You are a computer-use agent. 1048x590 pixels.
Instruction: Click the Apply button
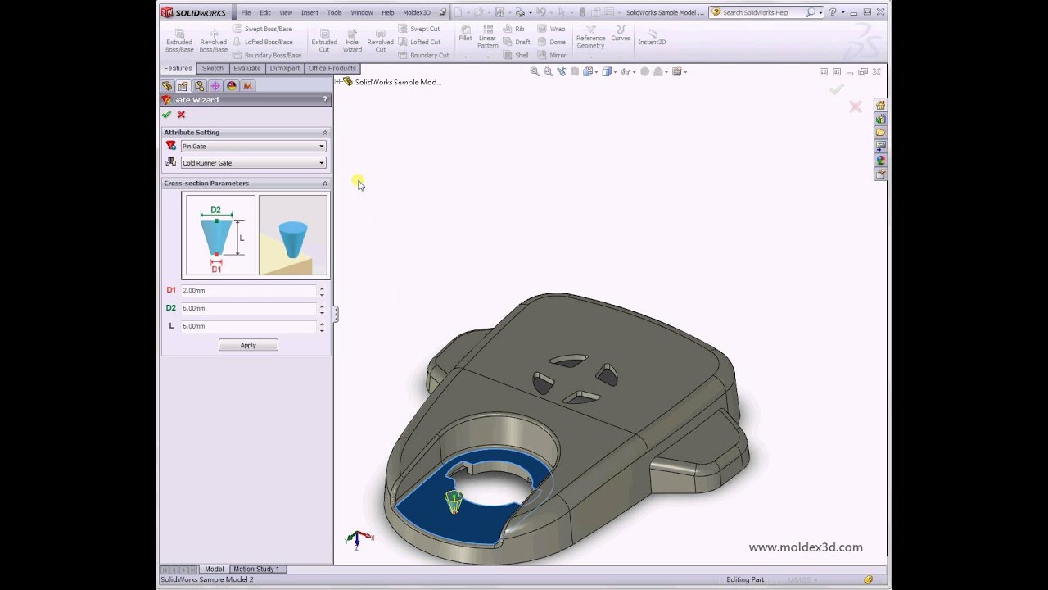coord(248,345)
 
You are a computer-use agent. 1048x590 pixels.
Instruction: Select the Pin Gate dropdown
coord(253,147)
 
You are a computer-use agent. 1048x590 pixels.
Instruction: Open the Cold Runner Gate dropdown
coord(253,163)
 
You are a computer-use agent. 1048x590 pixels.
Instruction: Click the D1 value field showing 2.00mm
coord(248,291)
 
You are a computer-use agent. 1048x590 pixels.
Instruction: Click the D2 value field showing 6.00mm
coord(248,308)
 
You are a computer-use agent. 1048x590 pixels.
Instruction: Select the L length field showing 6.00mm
coord(248,326)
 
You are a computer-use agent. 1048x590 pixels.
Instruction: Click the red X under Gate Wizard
coord(181,115)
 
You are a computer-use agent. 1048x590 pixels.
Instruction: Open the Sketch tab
coord(212,69)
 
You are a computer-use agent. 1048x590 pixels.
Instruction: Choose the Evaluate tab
coord(246,69)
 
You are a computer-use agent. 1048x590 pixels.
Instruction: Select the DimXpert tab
coord(284,69)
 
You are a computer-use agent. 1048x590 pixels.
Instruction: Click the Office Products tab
coord(332,69)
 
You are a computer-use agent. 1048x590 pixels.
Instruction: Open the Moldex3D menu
coord(416,13)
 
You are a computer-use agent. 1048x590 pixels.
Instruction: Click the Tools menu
coord(334,13)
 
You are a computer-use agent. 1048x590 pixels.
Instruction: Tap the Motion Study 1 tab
coord(256,569)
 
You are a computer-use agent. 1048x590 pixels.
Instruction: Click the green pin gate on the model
coord(454,500)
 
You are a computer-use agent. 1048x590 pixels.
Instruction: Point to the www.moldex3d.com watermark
coord(805,547)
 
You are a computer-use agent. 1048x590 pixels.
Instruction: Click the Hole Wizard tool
coord(352,41)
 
